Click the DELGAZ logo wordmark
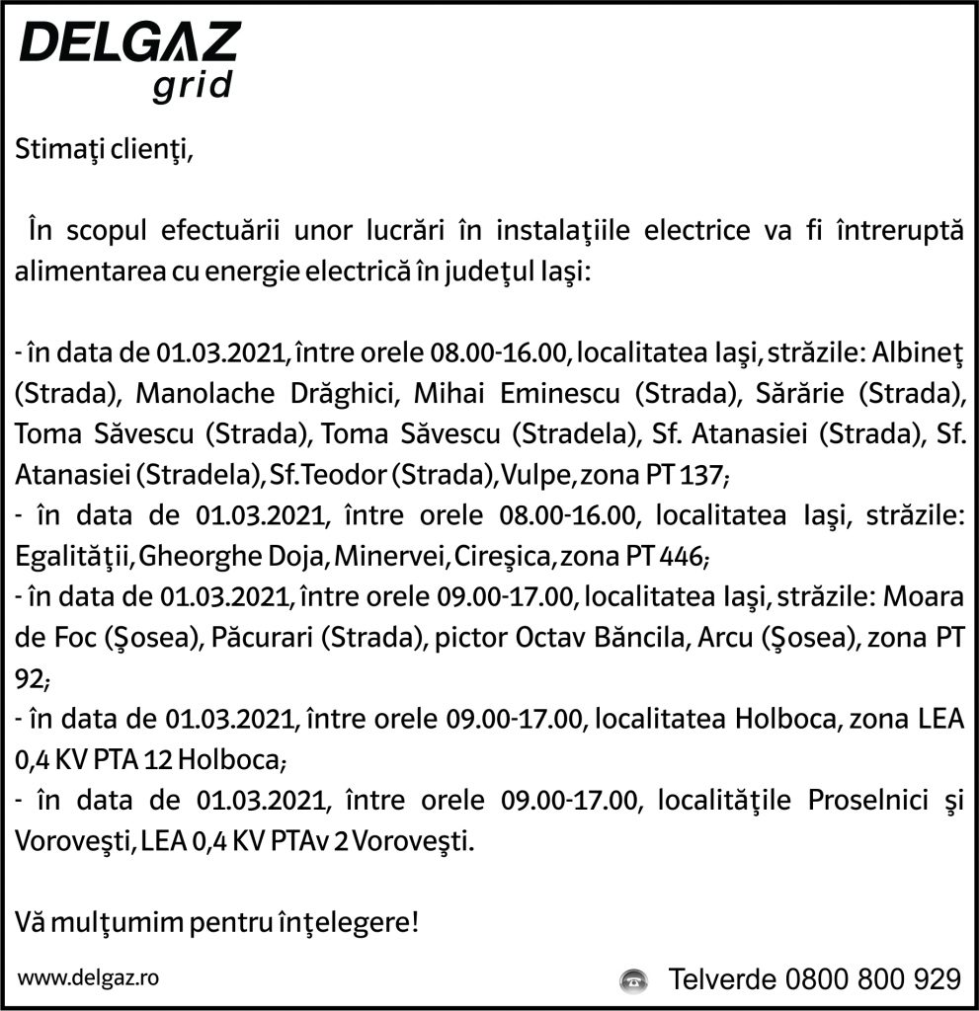129,44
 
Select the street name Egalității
74,557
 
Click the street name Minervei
391,557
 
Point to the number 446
682,557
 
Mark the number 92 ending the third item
30,679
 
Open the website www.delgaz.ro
89,977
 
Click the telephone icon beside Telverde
631,980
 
